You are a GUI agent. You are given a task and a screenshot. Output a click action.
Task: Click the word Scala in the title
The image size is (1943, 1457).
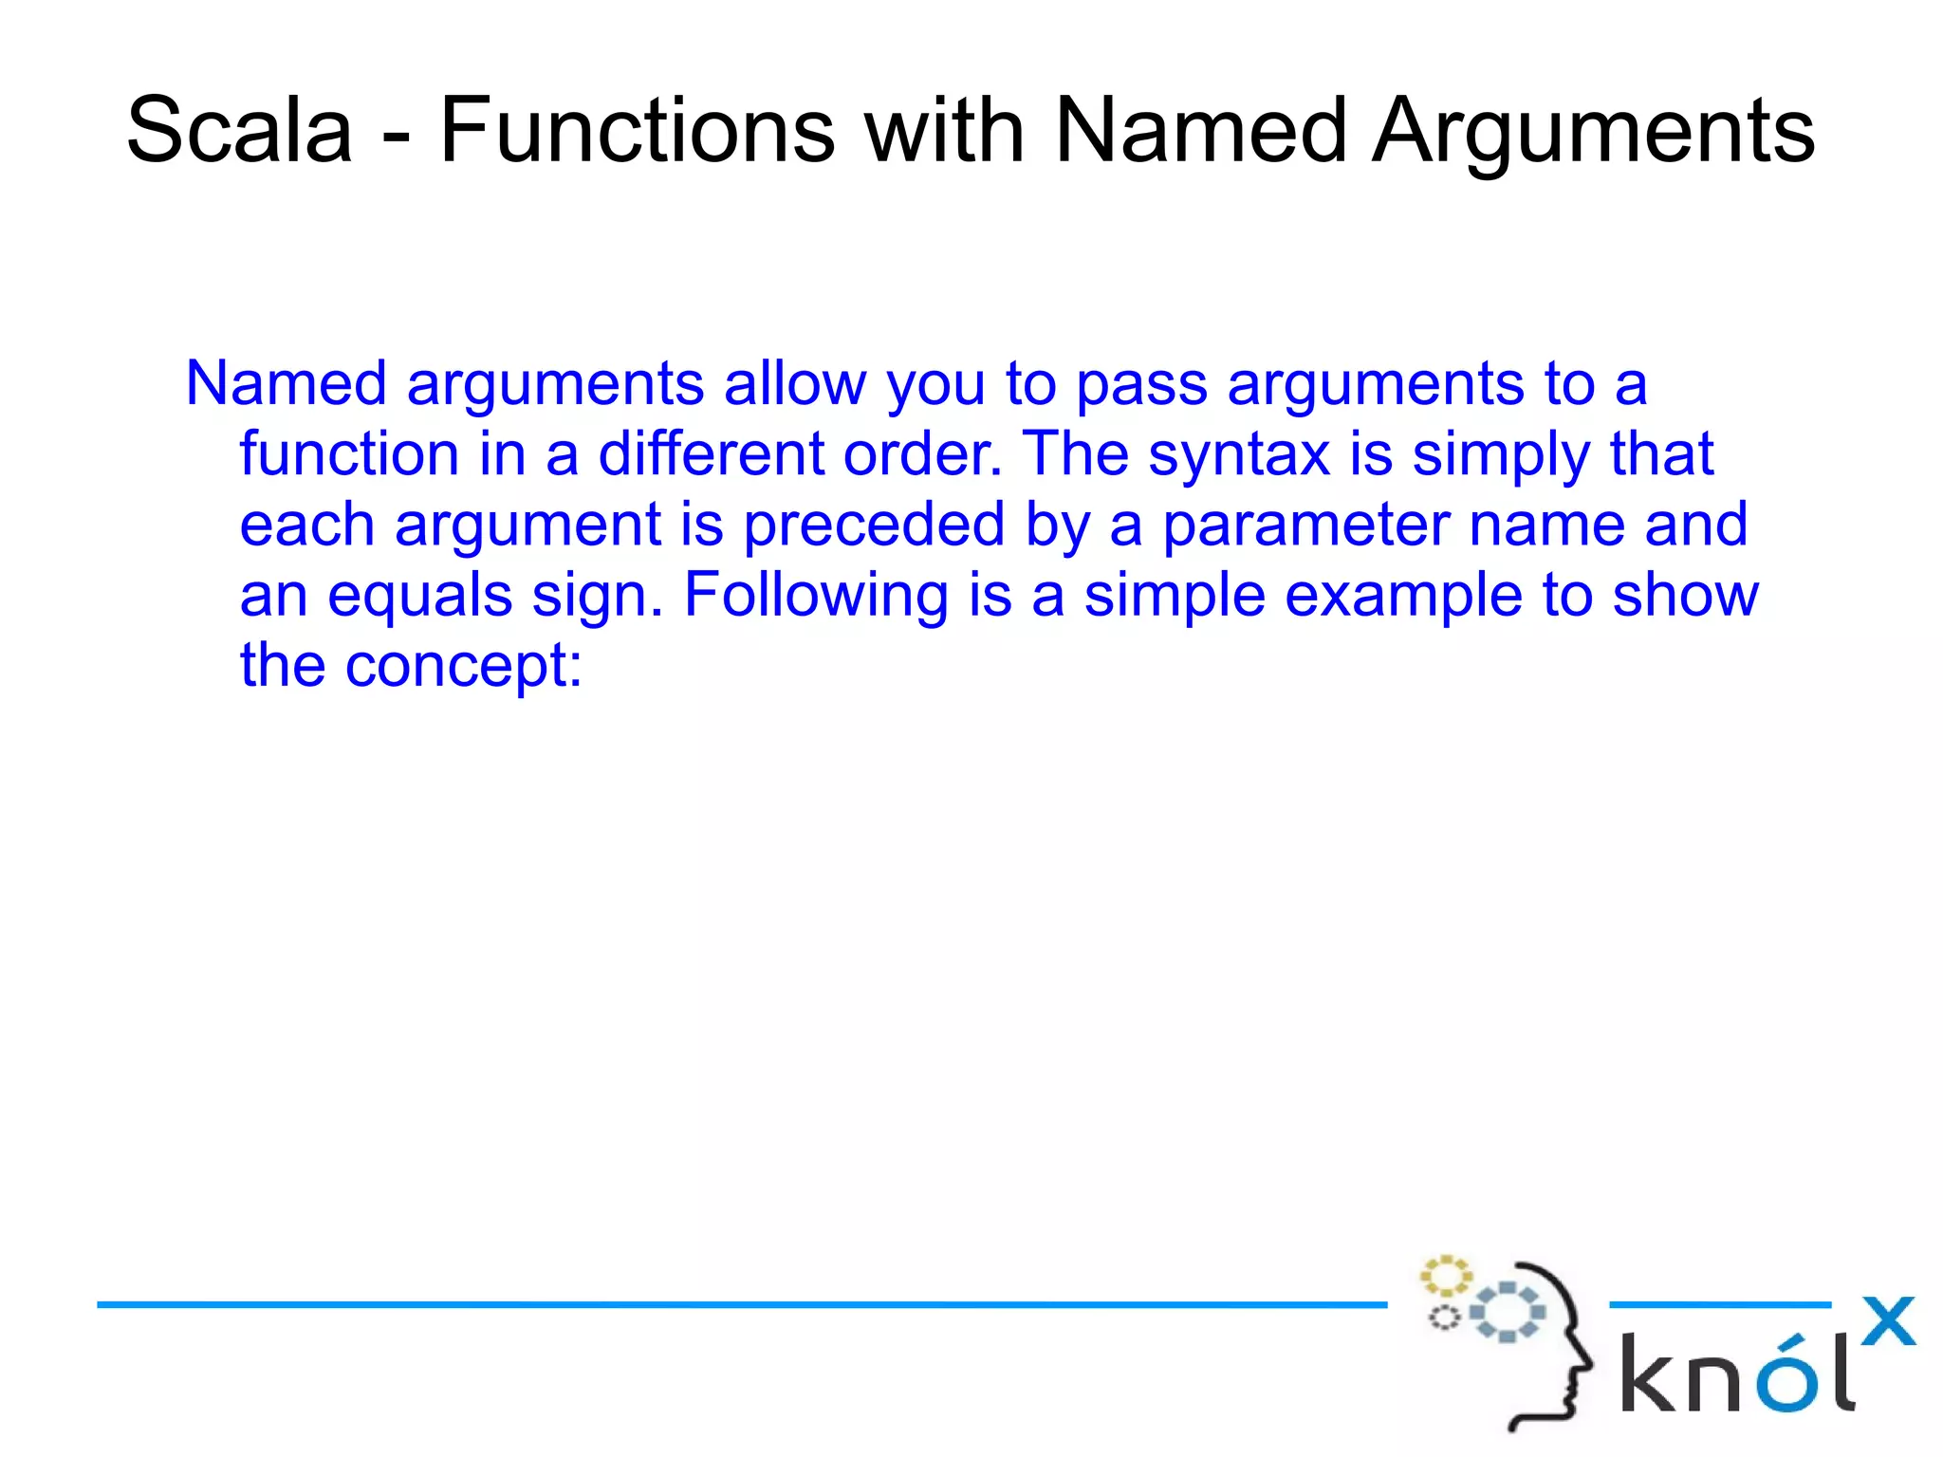(239, 130)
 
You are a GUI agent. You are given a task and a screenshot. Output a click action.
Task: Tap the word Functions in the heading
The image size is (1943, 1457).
(637, 130)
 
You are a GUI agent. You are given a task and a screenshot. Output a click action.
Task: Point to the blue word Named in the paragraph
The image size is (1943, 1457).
(286, 384)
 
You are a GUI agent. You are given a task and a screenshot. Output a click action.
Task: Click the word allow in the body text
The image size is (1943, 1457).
(794, 384)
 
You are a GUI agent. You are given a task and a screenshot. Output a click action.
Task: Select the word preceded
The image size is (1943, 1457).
(873, 525)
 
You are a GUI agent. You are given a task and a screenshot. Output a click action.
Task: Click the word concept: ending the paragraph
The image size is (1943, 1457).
(463, 667)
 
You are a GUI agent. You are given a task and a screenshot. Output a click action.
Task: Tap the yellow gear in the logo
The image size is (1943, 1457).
(1445, 1276)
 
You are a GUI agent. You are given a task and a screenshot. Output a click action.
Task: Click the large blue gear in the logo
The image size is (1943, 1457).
(1508, 1313)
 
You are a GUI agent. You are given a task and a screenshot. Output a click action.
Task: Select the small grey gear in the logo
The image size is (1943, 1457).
(1444, 1318)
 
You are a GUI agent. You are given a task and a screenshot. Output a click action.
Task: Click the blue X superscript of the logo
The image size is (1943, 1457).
(1888, 1321)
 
